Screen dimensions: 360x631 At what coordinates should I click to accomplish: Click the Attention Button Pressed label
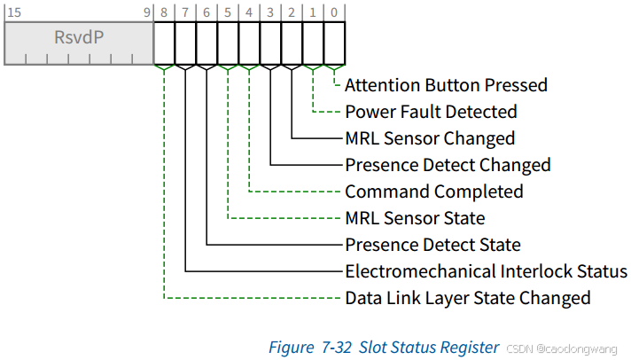pos(446,85)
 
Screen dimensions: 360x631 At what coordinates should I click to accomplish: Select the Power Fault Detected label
pos(431,112)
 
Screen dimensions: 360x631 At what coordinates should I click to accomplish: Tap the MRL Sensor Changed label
pos(429,138)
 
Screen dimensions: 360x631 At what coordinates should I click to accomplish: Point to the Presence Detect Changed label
pos(448,165)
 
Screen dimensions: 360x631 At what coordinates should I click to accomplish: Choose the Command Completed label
pos(433,192)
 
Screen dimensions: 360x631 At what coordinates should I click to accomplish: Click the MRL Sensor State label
pos(415,218)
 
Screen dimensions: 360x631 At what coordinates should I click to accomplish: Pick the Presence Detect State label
pos(432,245)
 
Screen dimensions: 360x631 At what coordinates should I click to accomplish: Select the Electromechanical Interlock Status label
pos(486,271)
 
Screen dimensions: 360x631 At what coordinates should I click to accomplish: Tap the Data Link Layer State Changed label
pos(467,298)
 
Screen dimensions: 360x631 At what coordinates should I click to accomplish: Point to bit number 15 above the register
pos(13,13)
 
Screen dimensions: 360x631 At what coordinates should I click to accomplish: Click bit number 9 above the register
pos(146,13)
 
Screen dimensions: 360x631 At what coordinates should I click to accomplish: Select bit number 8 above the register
pos(165,13)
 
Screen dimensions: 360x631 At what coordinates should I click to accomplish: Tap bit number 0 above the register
pos(334,13)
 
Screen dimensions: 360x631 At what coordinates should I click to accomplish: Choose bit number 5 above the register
pos(228,13)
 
